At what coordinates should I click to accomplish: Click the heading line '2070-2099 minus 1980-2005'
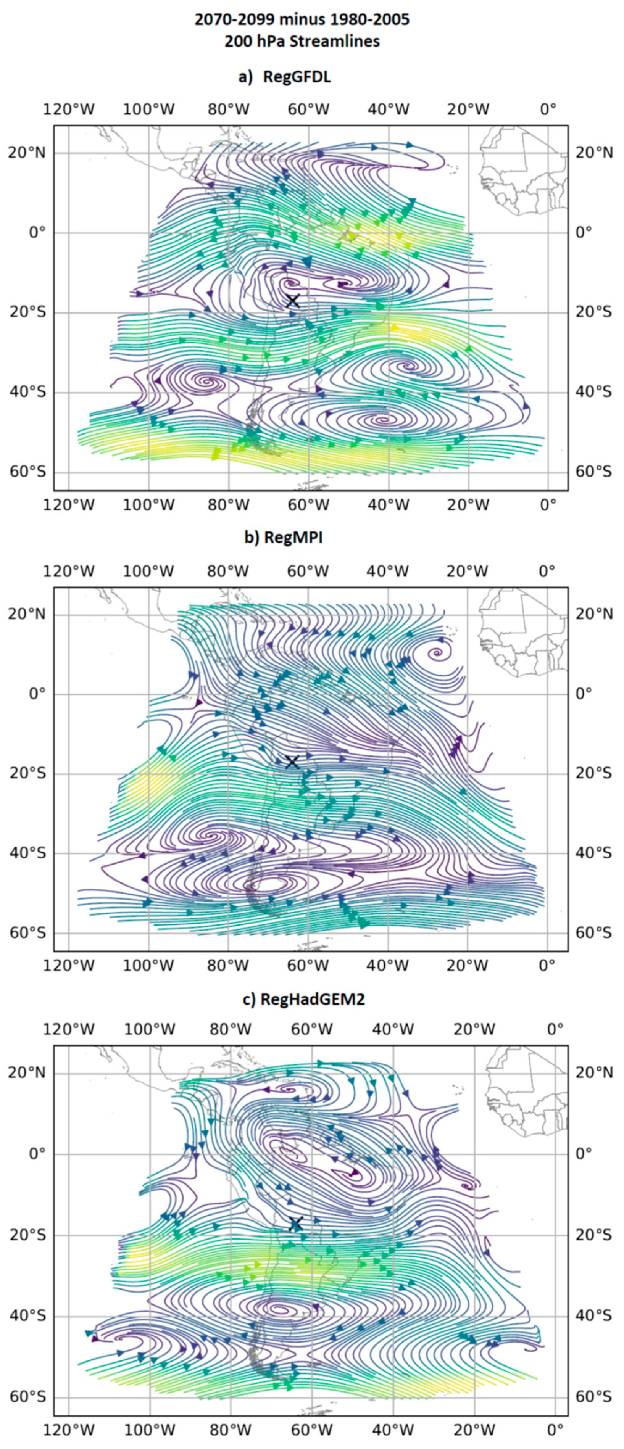click(302, 20)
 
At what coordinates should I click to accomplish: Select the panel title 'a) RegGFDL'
click(285, 77)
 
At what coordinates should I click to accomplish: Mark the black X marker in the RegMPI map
click(292, 762)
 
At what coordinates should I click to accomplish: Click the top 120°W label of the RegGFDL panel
click(69, 109)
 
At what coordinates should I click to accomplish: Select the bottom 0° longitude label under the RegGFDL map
click(548, 505)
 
